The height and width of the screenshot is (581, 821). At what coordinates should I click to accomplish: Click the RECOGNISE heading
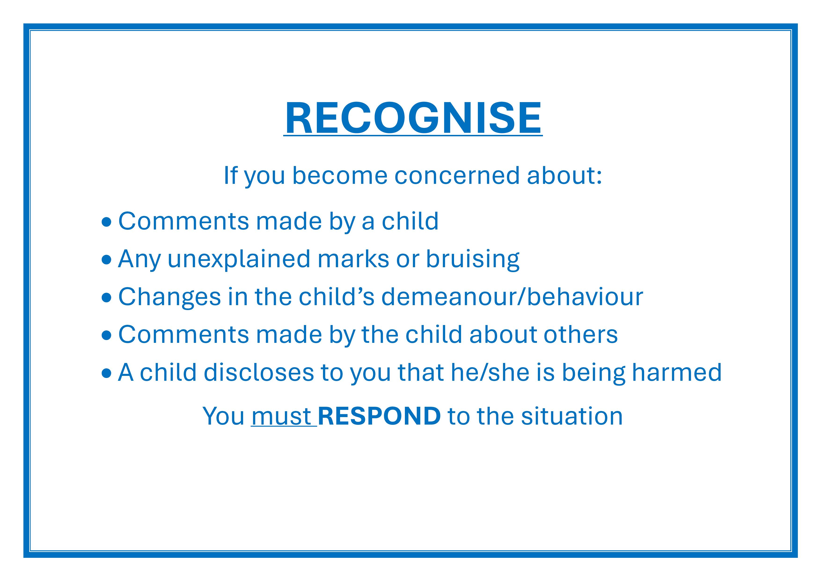413,118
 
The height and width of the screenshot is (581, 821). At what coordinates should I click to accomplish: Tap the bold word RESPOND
379,416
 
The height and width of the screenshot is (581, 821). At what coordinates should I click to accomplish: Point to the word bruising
473,259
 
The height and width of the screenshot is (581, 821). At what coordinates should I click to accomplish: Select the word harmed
677,372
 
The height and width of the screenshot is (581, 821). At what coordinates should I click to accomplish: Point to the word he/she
490,372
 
